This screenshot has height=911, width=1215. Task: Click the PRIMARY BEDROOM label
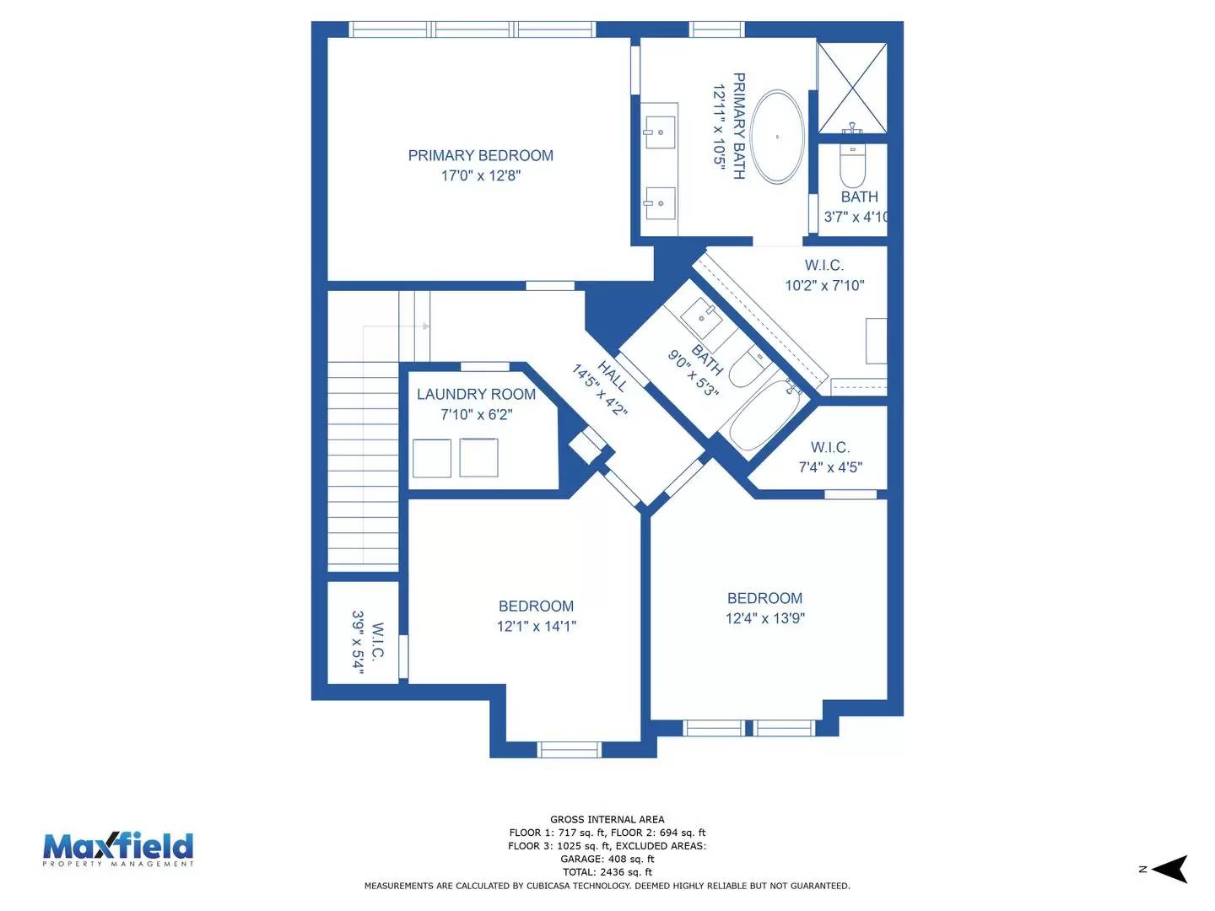point(480,156)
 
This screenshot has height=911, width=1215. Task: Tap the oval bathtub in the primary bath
point(777,137)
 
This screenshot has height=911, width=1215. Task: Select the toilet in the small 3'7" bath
point(853,168)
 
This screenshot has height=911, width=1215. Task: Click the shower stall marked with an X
point(852,87)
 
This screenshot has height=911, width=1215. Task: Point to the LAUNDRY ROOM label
point(476,395)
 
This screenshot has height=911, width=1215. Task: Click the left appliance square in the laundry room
point(432,458)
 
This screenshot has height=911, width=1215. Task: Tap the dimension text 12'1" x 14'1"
point(536,626)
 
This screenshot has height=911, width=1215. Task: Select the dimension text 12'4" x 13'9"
point(764,618)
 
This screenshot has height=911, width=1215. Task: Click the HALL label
point(613,376)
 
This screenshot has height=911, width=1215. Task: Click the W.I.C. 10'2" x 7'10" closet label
point(824,266)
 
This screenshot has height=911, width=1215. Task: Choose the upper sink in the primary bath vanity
point(660,132)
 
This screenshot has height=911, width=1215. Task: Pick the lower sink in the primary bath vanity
point(660,202)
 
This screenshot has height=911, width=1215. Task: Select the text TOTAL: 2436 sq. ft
point(607,872)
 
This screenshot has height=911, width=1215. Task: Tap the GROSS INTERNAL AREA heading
point(607,819)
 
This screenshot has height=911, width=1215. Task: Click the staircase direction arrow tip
point(427,326)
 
